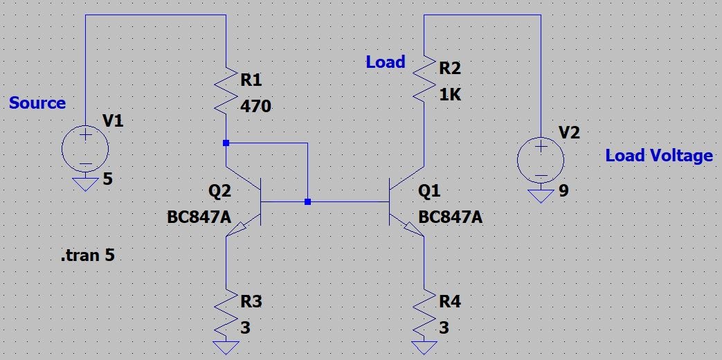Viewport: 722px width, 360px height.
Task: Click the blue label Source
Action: click(37, 103)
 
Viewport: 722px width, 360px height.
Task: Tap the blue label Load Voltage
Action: click(658, 156)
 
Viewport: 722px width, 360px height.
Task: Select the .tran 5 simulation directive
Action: click(87, 255)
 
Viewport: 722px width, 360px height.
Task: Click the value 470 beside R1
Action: click(255, 107)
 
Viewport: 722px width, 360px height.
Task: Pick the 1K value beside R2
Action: click(450, 95)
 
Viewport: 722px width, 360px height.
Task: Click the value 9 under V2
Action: click(563, 190)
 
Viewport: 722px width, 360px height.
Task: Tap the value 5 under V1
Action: click(107, 180)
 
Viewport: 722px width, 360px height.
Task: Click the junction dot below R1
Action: click(226, 143)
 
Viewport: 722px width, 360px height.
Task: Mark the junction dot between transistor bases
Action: click(307, 202)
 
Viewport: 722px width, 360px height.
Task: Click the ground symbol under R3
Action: click(226, 346)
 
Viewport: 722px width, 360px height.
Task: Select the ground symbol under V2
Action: click(541, 196)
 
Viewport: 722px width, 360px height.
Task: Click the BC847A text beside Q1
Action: click(450, 217)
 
